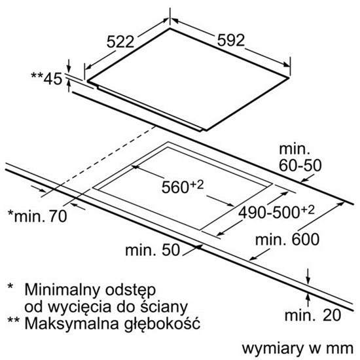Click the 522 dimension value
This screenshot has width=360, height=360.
tap(120, 42)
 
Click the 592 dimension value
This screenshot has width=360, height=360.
tap(231, 41)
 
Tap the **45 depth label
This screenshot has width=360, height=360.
tap(46, 79)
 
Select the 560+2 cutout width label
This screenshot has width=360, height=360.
tap(183, 187)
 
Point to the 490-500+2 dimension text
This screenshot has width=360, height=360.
tap(276, 212)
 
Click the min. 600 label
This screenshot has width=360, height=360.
tap(287, 239)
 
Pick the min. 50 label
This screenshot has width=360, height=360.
tap(153, 250)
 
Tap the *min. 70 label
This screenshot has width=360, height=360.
tap(37, 216)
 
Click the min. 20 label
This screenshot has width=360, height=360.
tap(313, 315)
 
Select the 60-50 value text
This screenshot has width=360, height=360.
tap(300, 165)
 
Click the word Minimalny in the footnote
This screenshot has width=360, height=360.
tap(62, 290)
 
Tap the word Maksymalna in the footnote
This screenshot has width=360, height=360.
tap(72, 323)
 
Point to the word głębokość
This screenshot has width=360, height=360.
tap(162, 324)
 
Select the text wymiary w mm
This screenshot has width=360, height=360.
tap(298, 348)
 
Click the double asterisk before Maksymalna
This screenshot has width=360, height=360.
tap(14, 320)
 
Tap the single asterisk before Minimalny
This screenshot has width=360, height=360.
tap(10, 287)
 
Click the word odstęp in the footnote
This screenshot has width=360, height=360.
tap(131, 291)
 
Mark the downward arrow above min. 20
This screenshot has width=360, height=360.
tap(308, 276)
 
